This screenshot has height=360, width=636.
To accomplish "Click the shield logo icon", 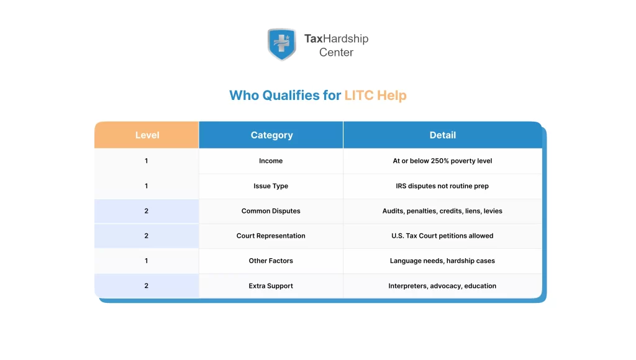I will [x=281, y=44].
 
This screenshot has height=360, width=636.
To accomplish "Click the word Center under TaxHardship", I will [x=336, y=53].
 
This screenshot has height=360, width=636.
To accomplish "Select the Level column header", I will [x=147, y=135].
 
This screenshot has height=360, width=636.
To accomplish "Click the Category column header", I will [x=271, y=135].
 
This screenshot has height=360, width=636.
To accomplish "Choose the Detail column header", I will [x=442, y=135].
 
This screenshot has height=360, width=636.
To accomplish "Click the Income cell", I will [x=271, y=161].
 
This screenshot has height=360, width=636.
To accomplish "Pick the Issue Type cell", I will [x=271, y=186].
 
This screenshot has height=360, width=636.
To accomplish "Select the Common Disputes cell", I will [x=271, y=211].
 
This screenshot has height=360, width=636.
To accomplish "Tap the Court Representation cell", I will [x=271, y=236].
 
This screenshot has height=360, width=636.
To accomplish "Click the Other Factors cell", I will [x=271, y=261].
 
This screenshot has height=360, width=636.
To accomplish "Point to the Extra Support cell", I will [x=271, y=286].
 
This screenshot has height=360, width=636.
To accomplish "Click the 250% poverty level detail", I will [x=442, y=161].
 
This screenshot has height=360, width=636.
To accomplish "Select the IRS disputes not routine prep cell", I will [x=442, y=186].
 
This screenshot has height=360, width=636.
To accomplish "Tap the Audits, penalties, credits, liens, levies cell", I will [x=442, y=211].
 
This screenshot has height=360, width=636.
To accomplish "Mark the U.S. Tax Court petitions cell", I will [x=442, y=236].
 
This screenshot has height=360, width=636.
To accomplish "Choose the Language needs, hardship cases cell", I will [x=442, y=261].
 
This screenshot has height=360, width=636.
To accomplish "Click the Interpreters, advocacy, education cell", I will [x=442, y=286].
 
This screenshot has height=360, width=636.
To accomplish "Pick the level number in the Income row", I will [x=147, y=161].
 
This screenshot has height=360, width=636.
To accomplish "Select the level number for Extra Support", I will [x=147, y=286].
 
